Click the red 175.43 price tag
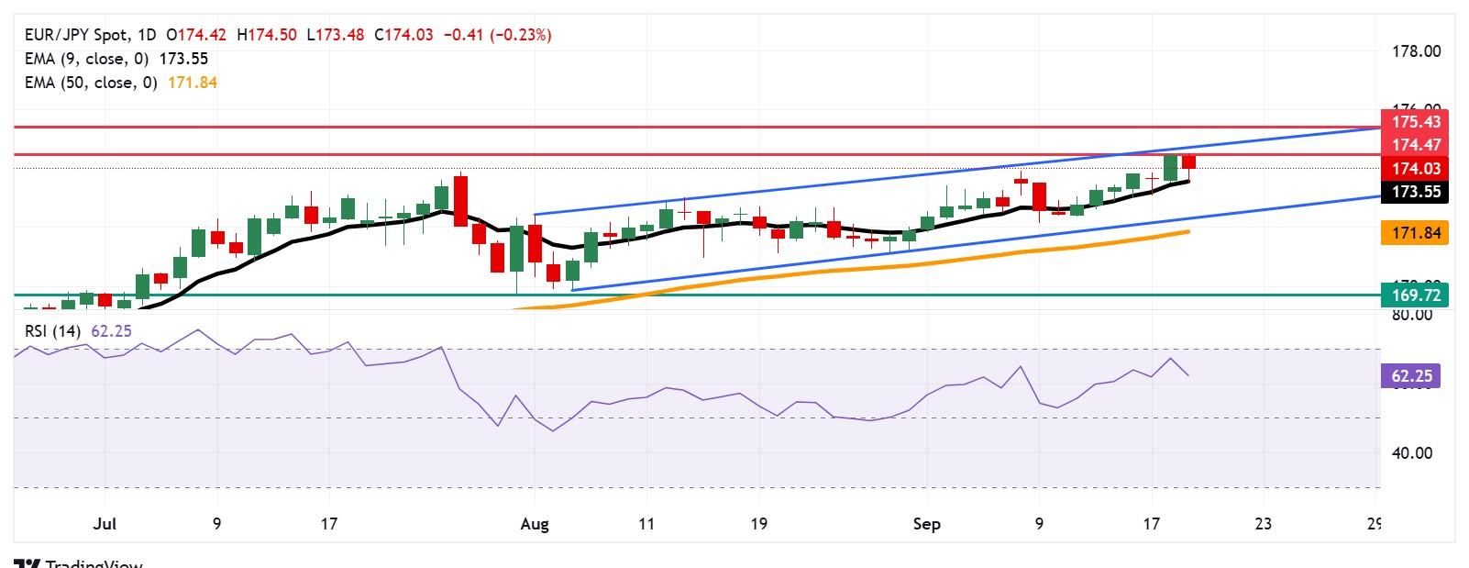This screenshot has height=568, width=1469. (x=1416, y=122)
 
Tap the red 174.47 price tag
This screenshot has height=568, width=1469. (x=1416, y=145)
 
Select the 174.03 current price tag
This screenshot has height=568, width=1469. (x=1416, y=169)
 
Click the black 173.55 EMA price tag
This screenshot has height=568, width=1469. (x=1416, y=192)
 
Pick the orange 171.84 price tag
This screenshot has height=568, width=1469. (x=1416, y=233)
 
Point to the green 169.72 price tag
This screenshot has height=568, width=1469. (x=1416, y=295)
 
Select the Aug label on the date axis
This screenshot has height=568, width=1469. (x=534, y=524)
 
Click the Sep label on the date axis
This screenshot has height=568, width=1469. (x=927, y=524)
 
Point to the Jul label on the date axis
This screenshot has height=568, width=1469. (x=105, y=524)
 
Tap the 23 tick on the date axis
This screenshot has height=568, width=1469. (x=1263, y=524)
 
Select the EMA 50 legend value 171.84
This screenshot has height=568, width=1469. (x=192, y=83)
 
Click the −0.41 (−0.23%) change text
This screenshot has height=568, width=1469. (x=497, y=35)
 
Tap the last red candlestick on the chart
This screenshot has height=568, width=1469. (x=1189, y=162)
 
